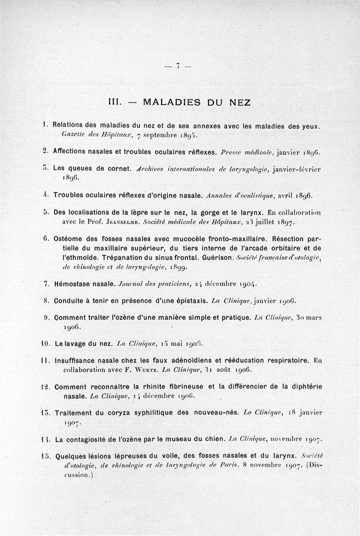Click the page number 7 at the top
[x=179, y=66]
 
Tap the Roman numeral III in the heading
[x=115, y=102]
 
